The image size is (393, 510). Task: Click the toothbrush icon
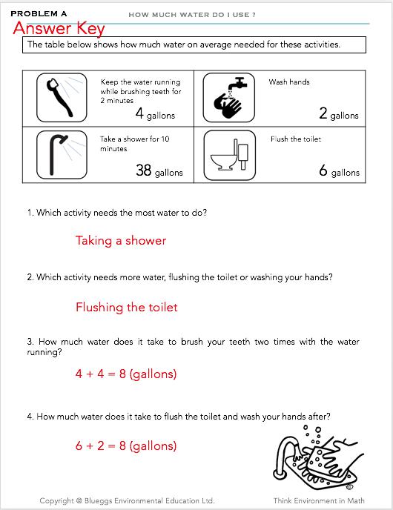click(62, 98)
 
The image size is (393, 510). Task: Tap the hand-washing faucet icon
click(228, 98)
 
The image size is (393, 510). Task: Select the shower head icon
click(62, 155)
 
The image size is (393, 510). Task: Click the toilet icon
click(229, 155)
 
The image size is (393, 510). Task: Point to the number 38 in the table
click(143, 170)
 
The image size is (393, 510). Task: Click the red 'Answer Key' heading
click(59, 28)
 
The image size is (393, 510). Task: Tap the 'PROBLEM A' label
click(39, 13)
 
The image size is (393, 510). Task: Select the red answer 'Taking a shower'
click(121, 240)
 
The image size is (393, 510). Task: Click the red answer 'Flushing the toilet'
click(127, 307)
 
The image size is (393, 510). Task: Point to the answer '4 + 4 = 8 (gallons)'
click(126, 374)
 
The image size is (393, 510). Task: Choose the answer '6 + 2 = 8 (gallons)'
click(126, 446)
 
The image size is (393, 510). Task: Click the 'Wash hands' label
click(289, 82)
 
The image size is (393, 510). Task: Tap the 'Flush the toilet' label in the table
click(296, 139)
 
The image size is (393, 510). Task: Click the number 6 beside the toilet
click(323, 170)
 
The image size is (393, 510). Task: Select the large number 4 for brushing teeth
click(139, 113)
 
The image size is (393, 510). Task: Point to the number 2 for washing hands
click(323, 113)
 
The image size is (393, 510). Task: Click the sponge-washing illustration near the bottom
click(318, 457)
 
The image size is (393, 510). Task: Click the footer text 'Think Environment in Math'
click(319, 501)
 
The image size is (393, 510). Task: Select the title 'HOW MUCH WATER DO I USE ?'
click(192, 15)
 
